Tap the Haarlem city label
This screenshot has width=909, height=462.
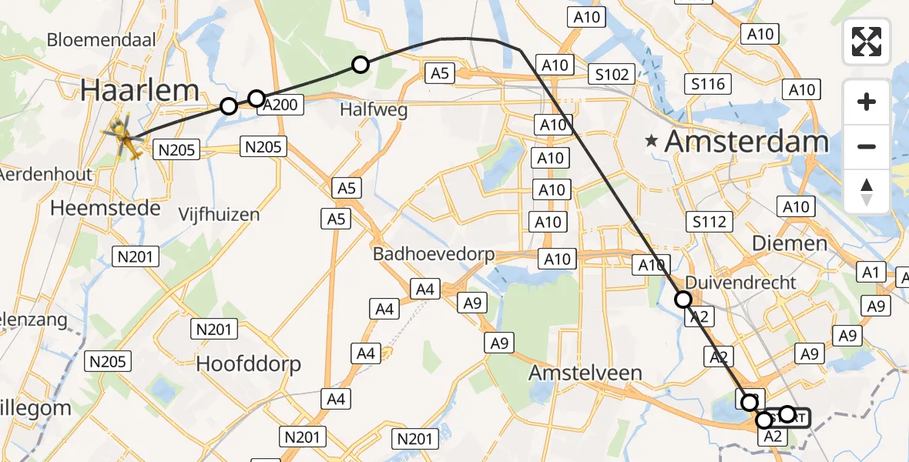pos(140,91)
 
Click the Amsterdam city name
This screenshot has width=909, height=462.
pos(746,142)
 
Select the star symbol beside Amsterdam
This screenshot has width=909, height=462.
pos(653,142)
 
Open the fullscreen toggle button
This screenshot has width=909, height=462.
pos(867,42)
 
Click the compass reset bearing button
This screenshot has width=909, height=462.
pos(867,191)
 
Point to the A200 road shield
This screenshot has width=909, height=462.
pos(279,105)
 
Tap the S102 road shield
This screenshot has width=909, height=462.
pos(612,75)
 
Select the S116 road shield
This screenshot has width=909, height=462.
pos(708,83)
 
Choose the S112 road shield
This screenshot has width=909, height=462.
pos(709,223)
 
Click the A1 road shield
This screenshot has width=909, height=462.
pos(870,272)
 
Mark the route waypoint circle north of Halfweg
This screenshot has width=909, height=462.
pos(361,65)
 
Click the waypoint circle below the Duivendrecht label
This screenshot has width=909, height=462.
pos(683,300)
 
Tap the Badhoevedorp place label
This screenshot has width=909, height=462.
pos(434,254)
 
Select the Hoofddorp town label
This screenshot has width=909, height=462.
pos(248,363)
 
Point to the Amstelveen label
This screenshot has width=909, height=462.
pos(585,373)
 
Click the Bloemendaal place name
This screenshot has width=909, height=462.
pos(102,40)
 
